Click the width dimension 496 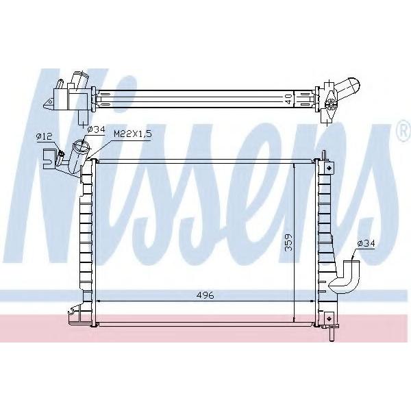click(206, 295)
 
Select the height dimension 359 click(288, 242)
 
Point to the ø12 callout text click(45, 136)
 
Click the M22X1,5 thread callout click(133, 134)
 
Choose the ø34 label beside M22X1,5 click(96, 129)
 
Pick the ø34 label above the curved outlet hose click(366, 243)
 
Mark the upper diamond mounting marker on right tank click(329, 167)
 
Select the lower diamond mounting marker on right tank click(329, 319)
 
